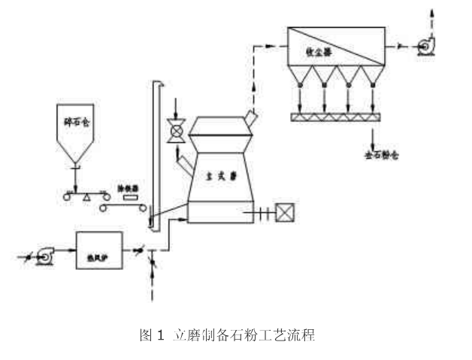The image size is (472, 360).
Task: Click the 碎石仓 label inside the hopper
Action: pos(75,121)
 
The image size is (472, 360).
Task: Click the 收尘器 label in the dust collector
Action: pos(320,50)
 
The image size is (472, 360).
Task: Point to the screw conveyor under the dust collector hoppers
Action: pos(337,116)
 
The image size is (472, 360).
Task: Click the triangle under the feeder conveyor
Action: pos(88,196)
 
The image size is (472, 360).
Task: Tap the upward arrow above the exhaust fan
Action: pos(431,14)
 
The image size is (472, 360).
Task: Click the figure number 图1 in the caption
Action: pos(151,335)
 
